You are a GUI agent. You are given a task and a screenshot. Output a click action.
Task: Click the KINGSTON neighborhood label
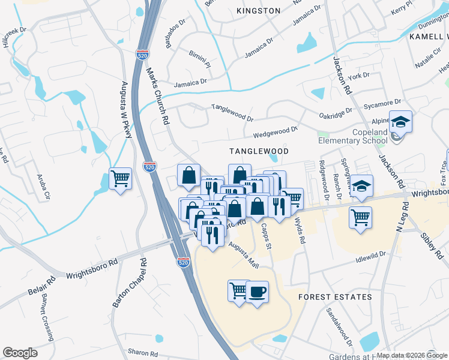click(258, 11)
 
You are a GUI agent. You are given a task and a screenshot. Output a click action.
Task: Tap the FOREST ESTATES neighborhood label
click(336, 297)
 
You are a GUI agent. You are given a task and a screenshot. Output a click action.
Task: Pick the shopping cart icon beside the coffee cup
click(238, 291)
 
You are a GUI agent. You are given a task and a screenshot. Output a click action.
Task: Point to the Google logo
click(20, 353)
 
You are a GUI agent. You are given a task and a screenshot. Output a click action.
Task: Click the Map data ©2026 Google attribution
click(412, 355)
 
